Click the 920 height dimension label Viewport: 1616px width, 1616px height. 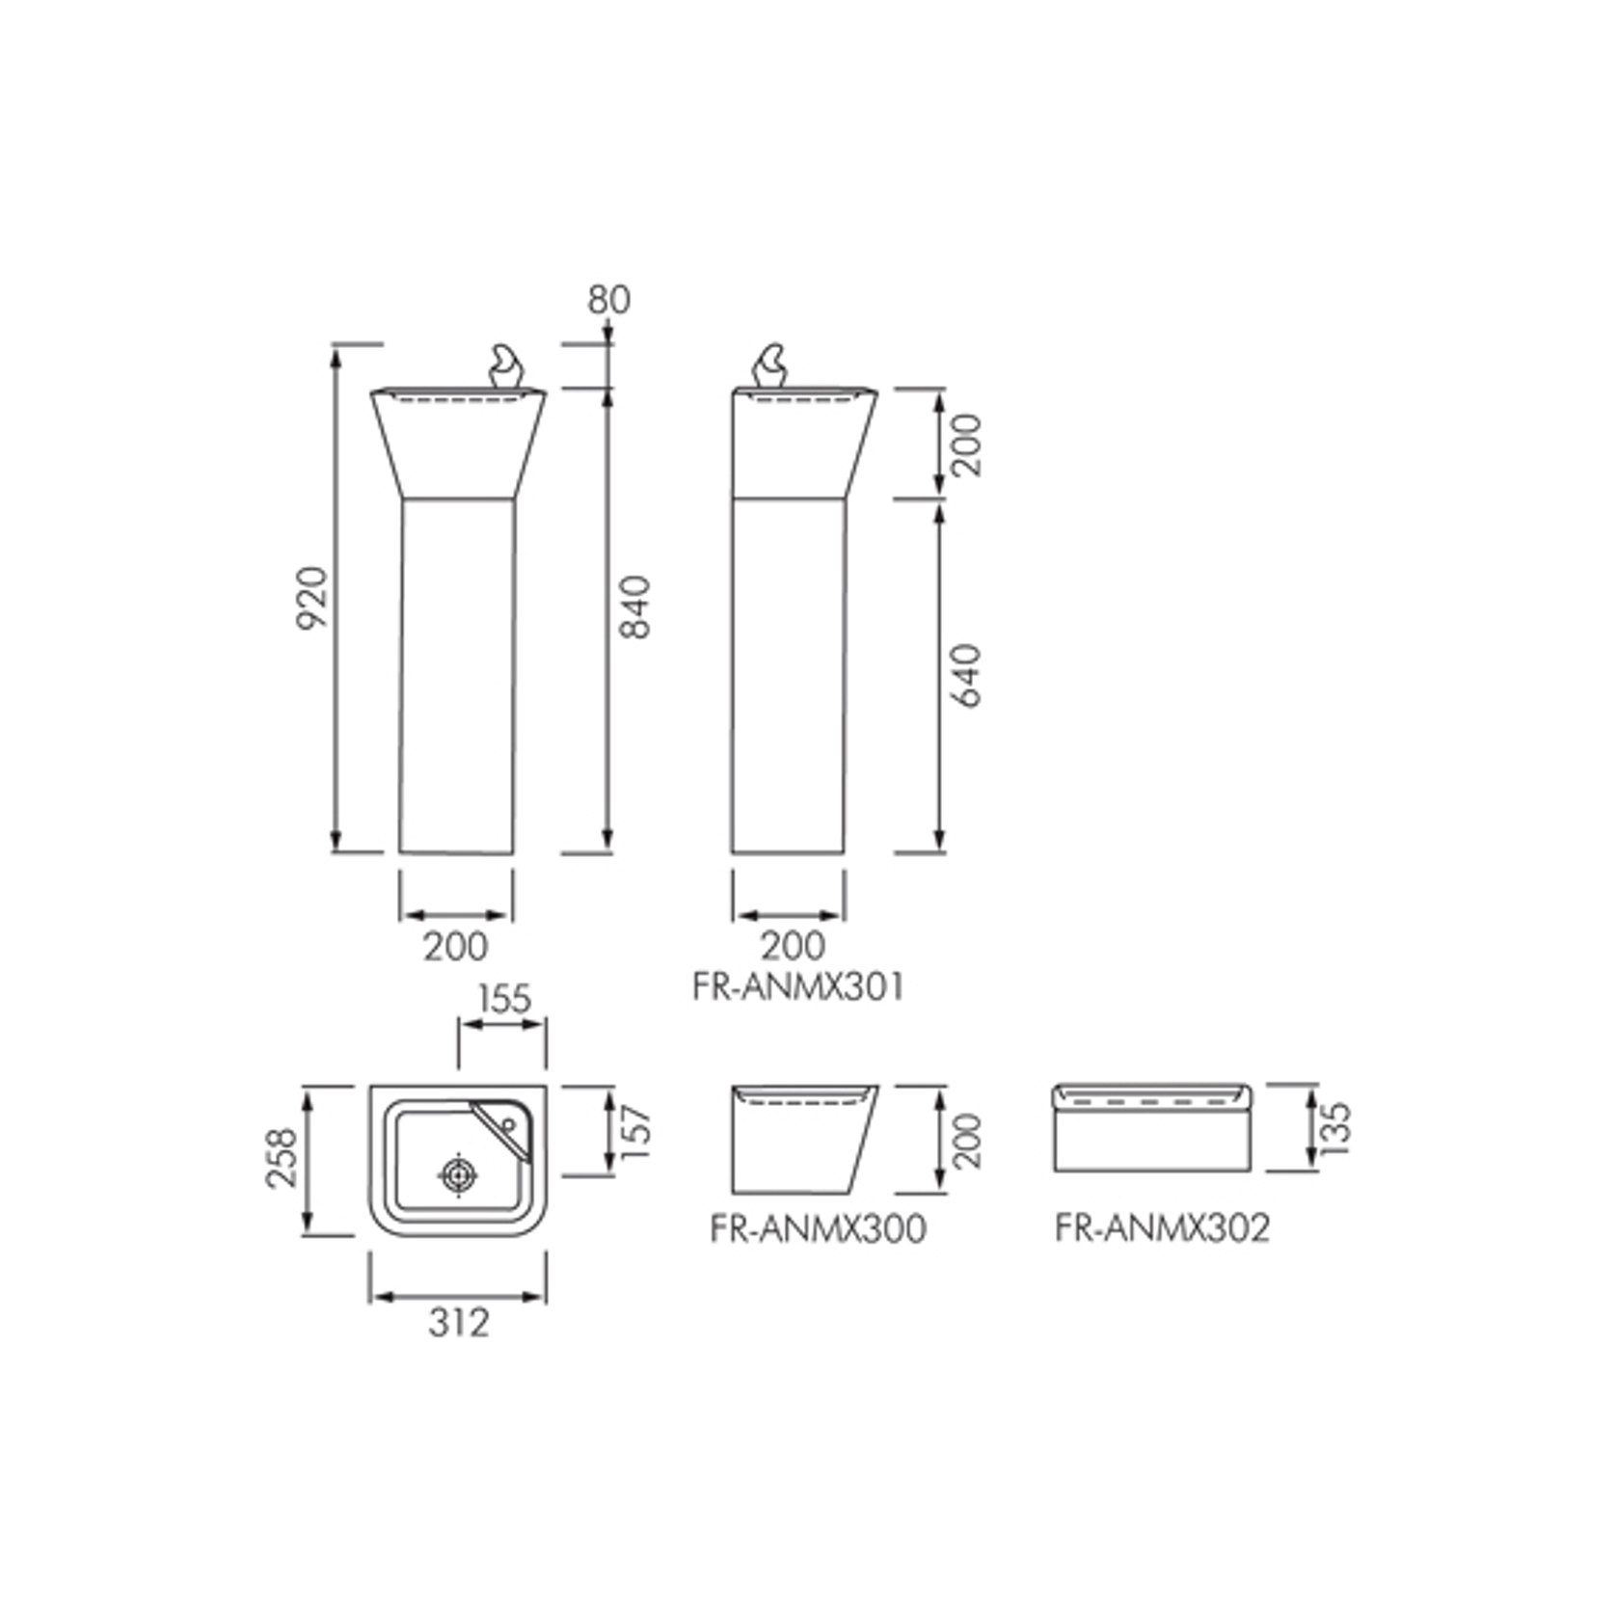[x=312, y=598]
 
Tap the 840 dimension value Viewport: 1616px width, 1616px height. [x=635, y=607]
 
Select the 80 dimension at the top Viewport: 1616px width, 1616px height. [x=609, y=300]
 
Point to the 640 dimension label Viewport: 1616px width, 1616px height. [x=965, y=676]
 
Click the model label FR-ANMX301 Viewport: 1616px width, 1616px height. [x=798, y=987]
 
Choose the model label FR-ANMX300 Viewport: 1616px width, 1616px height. [x=818, y=1228]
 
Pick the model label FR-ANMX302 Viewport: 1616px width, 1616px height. [x=1162, y=1228]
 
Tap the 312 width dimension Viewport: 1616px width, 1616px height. [x=459, y=1323]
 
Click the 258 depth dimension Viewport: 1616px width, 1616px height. [x=283, y=1158]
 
